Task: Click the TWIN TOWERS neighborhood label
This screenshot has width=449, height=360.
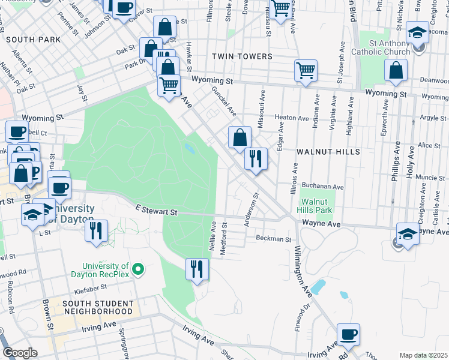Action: tap(242, 56)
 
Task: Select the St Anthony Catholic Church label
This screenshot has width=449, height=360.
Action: tap(390, 47)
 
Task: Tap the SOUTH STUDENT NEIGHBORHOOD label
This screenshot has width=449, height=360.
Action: tap(97, 308)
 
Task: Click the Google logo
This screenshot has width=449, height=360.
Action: tap(20, 353)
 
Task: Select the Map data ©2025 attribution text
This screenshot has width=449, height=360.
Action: tap(423, 355)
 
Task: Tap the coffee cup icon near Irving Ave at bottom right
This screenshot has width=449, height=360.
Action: tap(348, 334)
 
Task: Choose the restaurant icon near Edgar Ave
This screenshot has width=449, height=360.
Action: tap(256, 159)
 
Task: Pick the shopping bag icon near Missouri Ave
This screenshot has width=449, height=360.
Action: tap(240, 137)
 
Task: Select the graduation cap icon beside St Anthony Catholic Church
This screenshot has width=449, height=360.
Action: tap(417, 32)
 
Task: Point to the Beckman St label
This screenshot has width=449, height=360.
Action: tap(273, 239)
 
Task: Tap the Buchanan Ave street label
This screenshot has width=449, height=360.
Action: tap(322, 186)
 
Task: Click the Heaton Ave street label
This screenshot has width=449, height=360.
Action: tap(291, 118)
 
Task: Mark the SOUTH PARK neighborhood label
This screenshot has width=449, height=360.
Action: tap(34, 39)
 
